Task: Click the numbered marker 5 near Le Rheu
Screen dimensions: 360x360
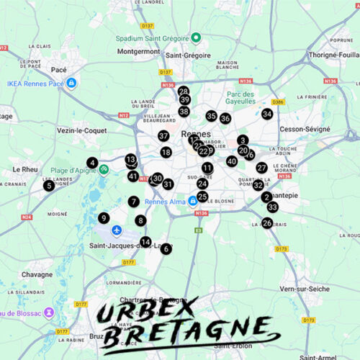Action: [49, 186]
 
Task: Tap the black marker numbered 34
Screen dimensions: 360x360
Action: [267, 114]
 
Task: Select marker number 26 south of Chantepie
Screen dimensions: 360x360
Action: [267, 223]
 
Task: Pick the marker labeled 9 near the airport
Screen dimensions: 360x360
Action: [104, 218]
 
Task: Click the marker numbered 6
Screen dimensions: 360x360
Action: [166, 248]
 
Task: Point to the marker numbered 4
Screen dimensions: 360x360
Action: [92, 163]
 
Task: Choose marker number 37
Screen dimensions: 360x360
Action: [163, 135]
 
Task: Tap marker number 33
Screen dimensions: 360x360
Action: [272, 207]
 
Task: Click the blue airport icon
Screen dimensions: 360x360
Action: [117, 230]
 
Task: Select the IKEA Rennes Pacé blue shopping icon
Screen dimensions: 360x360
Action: [71, 84]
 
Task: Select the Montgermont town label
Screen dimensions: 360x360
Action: [138, 52]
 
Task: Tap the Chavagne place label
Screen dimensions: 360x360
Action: [37, 274]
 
